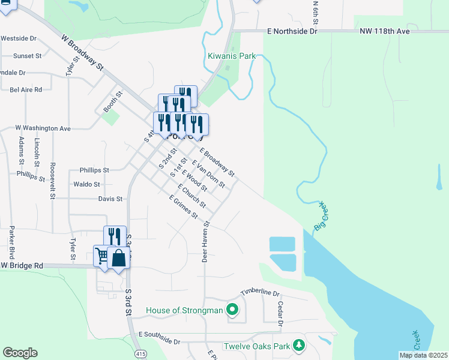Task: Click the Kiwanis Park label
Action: click(232, 56)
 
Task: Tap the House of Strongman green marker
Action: click(233, 310)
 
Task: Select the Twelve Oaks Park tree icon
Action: click(298, 346)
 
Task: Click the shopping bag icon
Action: click(119, 258)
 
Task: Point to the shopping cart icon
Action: click(101, 256)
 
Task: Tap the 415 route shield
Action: click(140, 355)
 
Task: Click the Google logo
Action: click(20, 353)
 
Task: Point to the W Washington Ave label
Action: click(43, 128)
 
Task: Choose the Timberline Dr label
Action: click(261, 292)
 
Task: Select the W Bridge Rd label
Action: click(22, 265)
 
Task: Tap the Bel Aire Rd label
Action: click(26, 89)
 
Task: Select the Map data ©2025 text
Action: click(423, 355)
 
